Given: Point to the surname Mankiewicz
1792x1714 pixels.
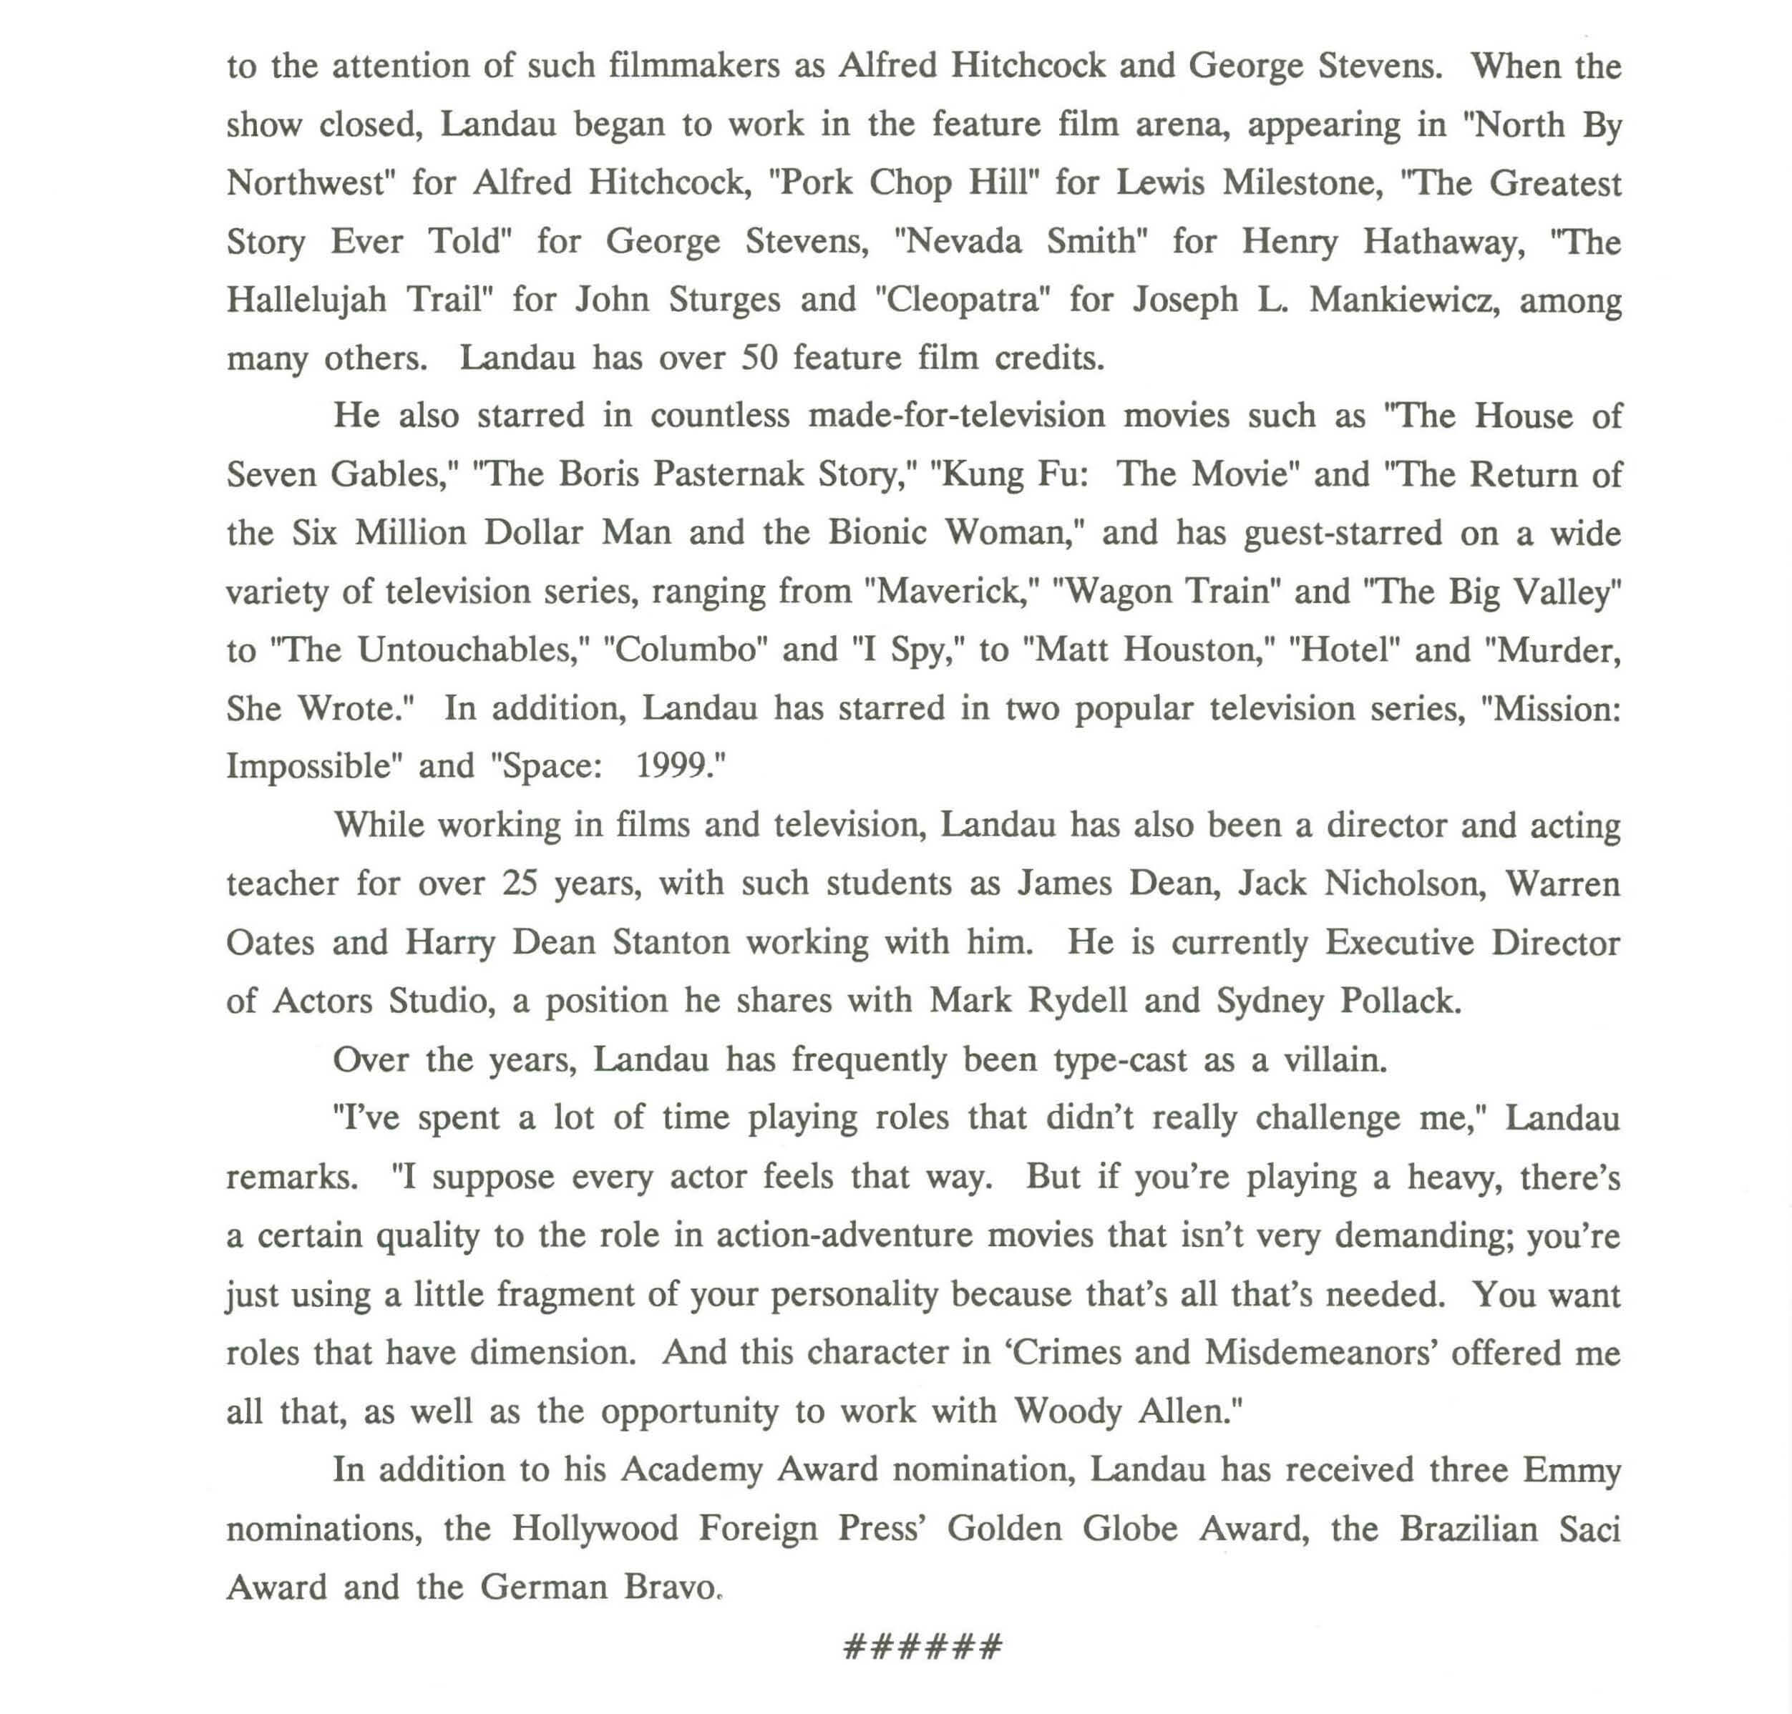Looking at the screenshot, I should tap(1405, 300).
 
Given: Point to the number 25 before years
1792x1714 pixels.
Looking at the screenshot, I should tap(520, 883).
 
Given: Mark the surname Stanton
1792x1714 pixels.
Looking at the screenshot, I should tap(671, 942).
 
